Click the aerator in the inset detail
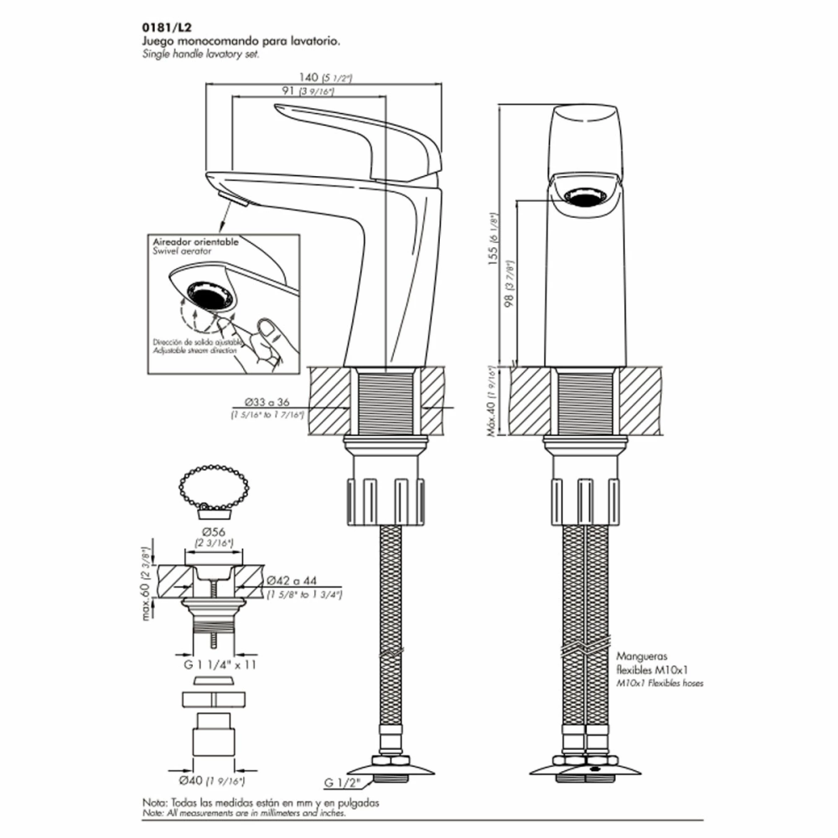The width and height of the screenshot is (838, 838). [208, 294]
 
